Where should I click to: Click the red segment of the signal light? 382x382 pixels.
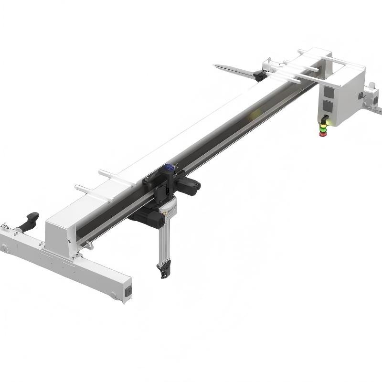(324, 133)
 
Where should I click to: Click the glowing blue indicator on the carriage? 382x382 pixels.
(169, 168)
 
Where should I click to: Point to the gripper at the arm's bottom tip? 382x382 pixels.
(163, 270)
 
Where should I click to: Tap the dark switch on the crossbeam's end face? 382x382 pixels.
(128, 290)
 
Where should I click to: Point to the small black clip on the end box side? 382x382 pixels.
(361, 95)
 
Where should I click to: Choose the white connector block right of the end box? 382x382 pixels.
(371, 90)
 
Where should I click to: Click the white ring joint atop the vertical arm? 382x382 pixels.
(168, 207)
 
